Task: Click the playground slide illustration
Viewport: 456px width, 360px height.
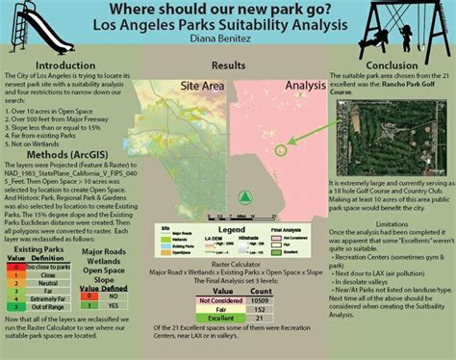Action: point(37,29)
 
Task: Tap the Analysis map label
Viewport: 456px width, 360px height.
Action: point(306,86)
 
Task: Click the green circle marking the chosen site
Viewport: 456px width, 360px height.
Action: point(281,149)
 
